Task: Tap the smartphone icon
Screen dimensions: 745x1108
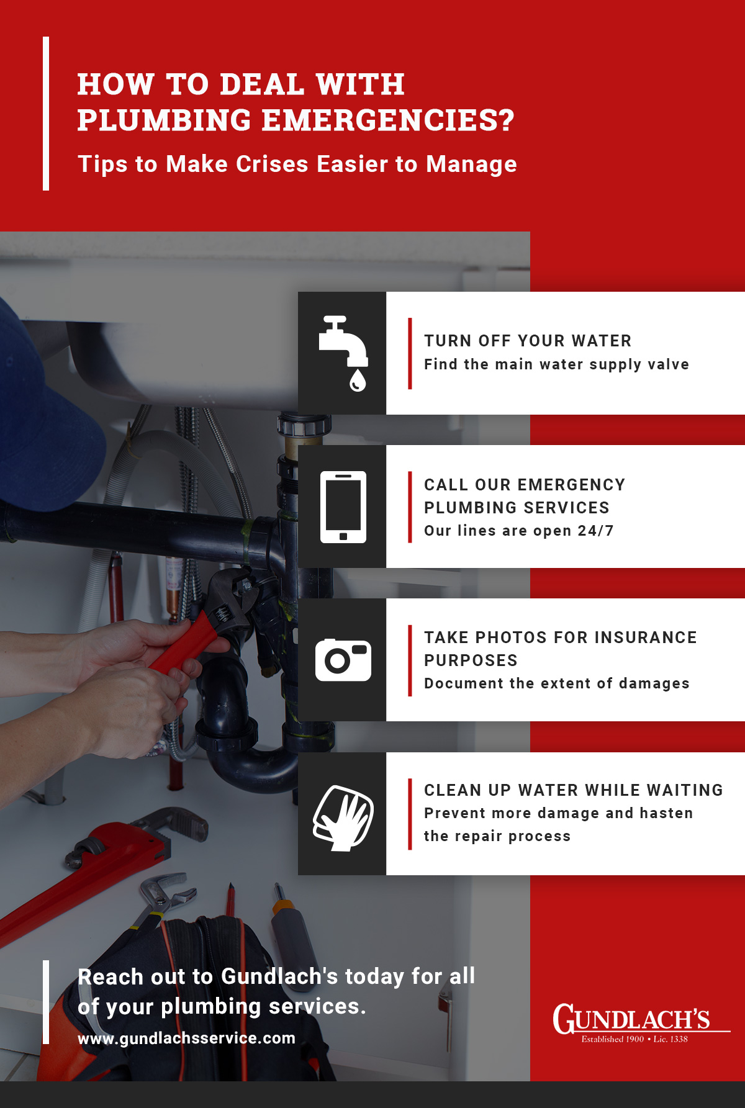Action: click(x=343, y=507)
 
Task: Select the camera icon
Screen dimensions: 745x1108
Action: click(x=343, y=660)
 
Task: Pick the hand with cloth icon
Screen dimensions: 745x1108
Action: click(x=343, y=817)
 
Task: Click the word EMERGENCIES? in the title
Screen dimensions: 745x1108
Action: click(x=388, y=120)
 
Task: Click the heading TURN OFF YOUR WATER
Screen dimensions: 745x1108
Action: click(x=528, y=341)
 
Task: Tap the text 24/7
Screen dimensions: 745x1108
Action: click(x=595, y=531)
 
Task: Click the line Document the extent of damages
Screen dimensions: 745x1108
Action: click(x=557, y=683)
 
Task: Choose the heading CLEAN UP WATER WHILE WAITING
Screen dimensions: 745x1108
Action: click(x=574, y=790)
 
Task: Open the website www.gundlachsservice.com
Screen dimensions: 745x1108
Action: click(x=186, y=1038)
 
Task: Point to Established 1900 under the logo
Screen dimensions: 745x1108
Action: click(x=612, y=1039)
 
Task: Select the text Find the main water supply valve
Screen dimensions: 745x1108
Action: click(x=557, y=364)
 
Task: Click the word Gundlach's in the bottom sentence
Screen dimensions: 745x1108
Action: click(x=279, y=976)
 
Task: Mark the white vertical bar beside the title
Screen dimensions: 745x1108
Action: click(x=46, y=114)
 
